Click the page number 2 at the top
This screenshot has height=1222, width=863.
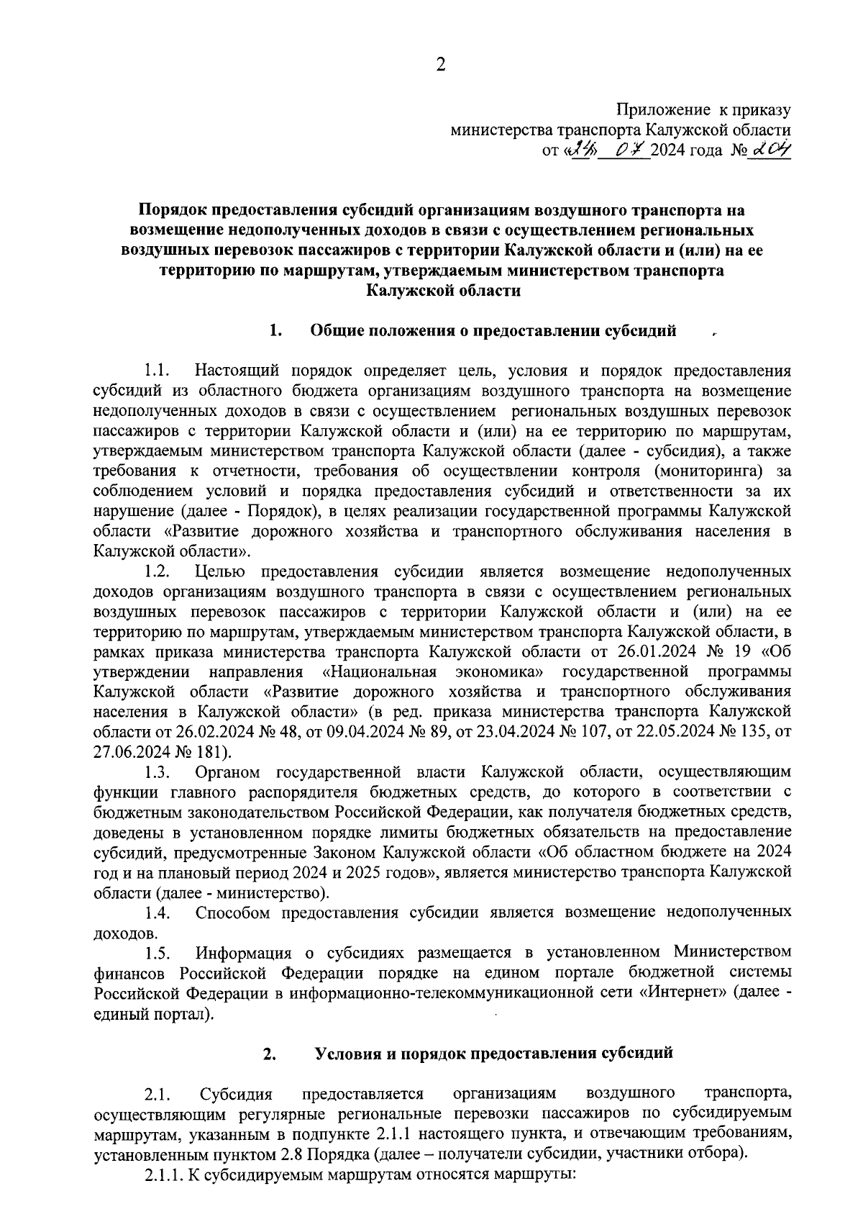[441, 65]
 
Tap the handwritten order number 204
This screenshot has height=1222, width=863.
[770, 150]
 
